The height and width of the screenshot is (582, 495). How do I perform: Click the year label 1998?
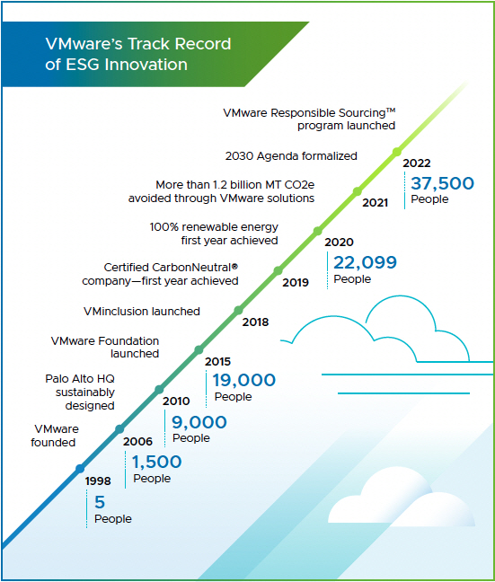(x=98, y=481)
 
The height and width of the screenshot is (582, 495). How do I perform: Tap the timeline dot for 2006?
(x=119, y=429)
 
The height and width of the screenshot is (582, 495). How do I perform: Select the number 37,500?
(x=441, y=182)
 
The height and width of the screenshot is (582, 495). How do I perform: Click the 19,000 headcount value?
(x=244, y=380)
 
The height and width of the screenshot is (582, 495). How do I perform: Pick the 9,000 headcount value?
(x=199, y=421)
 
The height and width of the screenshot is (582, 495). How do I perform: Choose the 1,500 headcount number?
(x=157, y=462)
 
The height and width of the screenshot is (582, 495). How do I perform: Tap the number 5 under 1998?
(x=100, y=502)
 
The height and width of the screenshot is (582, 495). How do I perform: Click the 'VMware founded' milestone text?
(x=57, y=436)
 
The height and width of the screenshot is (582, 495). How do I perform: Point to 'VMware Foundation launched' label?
(x=105, y=347)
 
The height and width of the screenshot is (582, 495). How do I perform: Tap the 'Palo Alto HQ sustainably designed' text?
(x=80, y=392)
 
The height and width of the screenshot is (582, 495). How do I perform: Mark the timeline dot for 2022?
(x=397, y=152)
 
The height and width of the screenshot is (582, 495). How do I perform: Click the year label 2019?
(x=296, y=282)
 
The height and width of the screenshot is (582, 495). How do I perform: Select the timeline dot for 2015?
(x=199, y=350)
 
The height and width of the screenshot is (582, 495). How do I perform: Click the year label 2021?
(x=375, y=203)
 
